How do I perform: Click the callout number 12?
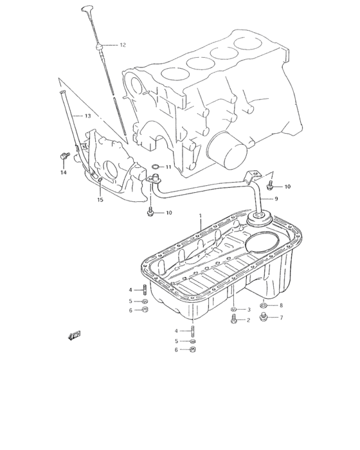click(122, 45)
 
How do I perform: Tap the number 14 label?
click(64, 172)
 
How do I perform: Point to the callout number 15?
click(100, 201)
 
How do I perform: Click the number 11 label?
click(168, 167)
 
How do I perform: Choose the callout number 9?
click(276, 199)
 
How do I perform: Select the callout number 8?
click(280, 305)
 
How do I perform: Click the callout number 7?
click(280, 318)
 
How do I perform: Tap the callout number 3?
click(248, 310)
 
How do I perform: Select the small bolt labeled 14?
click(64, 155)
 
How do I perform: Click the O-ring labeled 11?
click(155, 170)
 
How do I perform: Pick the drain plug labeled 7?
click(263, 317)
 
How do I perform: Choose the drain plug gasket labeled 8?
click(264, 305)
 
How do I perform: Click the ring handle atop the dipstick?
click(87, 9)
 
